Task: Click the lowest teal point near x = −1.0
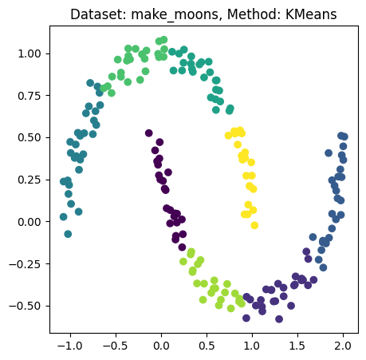pos(68,234)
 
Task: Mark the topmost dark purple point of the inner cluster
pos(149,133)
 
